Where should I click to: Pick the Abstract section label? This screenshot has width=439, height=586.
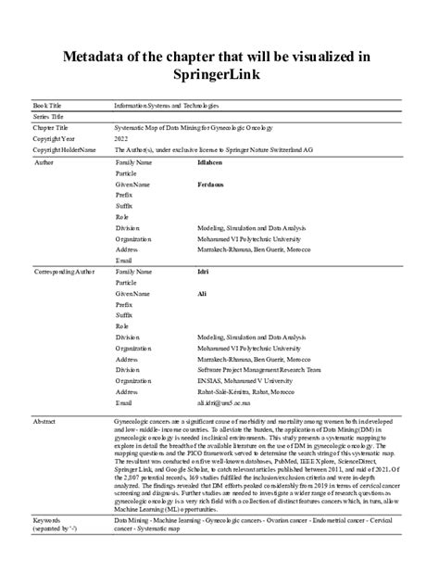[45, 421]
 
